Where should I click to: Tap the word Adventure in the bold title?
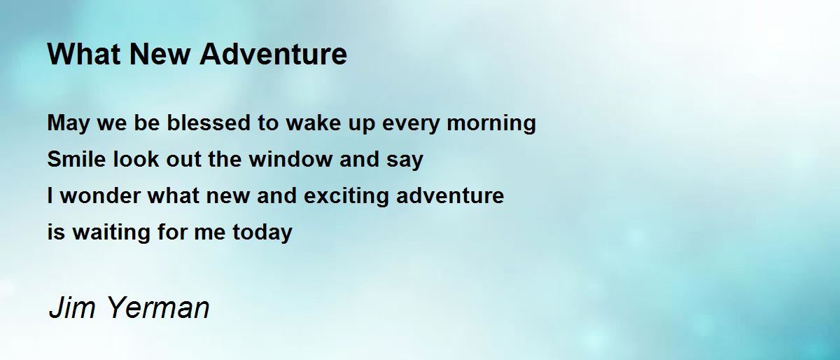[274, 54]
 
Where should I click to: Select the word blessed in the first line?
[209, 123]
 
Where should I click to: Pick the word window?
[290, 159]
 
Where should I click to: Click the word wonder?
[101, 195]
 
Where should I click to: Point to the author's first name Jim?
[72, 307]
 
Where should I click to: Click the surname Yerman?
[159, 307]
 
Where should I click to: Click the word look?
[136, 159]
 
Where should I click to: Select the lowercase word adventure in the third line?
[450, 195]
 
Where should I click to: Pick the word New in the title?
[160, 54]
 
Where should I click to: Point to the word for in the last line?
[172, 232]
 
